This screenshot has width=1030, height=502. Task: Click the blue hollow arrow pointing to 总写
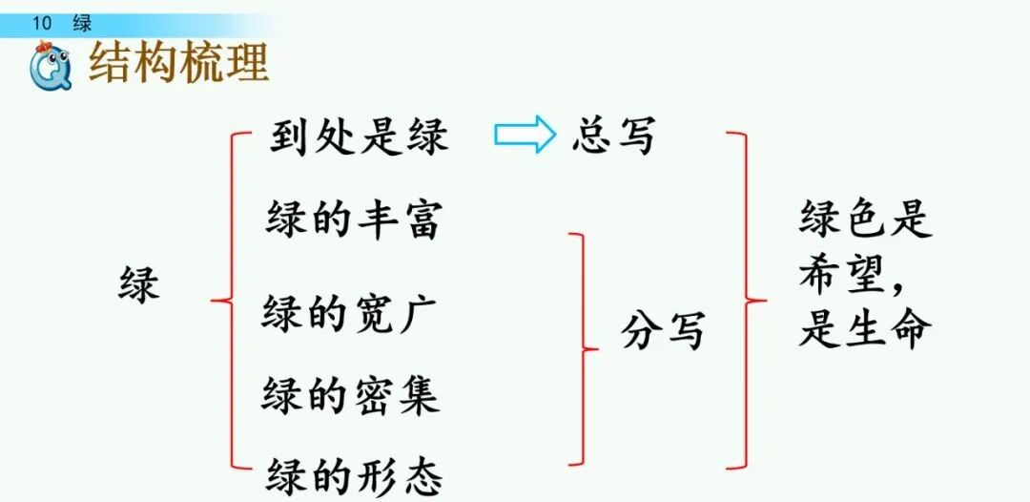coord(524,136)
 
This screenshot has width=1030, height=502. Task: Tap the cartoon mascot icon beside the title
coord(48,68)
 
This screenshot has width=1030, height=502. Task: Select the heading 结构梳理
coord(178,63)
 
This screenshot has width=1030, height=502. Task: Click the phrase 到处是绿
coord(358,137)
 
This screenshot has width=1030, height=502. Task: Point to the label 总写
coord(613,136)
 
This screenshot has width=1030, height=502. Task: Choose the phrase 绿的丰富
coord(353,220)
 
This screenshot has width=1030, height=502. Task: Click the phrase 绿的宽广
coord(350,311)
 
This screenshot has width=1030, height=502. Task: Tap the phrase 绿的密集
coord(350,393)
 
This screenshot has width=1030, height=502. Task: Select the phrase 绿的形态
coord(354,473)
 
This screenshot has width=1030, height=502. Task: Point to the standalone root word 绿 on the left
coord(139,283)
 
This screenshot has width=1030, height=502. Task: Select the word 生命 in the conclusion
coord(886,329)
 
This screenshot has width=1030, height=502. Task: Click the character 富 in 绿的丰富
coord(419,220)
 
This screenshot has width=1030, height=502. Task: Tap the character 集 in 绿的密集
coord(417,393)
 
